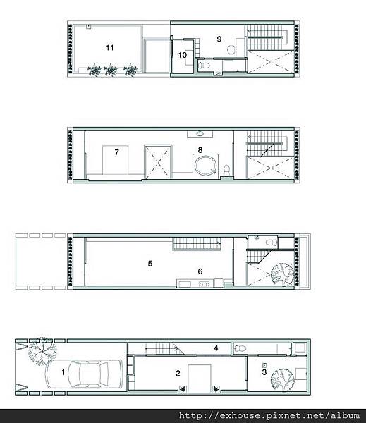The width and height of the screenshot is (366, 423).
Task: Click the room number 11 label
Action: pyautogui.click(x=109, y=48)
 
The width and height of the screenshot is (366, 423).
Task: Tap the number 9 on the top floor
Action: pyautogui.click(x=219, y=39)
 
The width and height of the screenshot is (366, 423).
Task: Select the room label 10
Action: pyautogui.click(x=183, y=55)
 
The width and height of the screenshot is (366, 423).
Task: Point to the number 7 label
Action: pyautogui.click(x=116, y=152)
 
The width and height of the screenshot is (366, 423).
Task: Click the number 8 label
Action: pyautogui.click(x=200, y=150)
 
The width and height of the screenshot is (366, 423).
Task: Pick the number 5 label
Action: pyautogui.click(x=150, y=263)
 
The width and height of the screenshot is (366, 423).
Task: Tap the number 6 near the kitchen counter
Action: pyautogui.click(x=200, y=271)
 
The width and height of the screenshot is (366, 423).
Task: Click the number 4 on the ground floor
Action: pyautogui.click(x=216, y=348)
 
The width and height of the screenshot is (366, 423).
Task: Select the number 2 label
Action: pyautogui.click(x=178, y=373)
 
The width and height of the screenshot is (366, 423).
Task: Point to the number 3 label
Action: pyautogui.click(x=264, y=372)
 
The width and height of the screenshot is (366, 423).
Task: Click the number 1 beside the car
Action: pyautogui.click(x=63, y=372)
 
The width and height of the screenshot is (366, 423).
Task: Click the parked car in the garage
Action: pyautogui.click(x=85, y=374)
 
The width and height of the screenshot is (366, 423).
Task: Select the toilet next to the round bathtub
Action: pyautogui.click(x=227, y=170)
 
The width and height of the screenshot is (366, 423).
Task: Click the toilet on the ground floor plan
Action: pyautogui.click(x=240, y=348)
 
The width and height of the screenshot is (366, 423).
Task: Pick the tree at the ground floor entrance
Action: pyautogui.click(x=42, y=350)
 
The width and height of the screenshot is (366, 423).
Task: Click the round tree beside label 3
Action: pyautogui.click(x=282, y=379)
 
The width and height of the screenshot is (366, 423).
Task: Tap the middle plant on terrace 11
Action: pyautogui.click(x=111, y=70)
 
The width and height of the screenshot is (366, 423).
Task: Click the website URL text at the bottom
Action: pyautogui.click(x=269, y=415)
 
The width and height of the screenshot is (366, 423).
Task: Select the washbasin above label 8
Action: pyautogui.click(x=200, y=134)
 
